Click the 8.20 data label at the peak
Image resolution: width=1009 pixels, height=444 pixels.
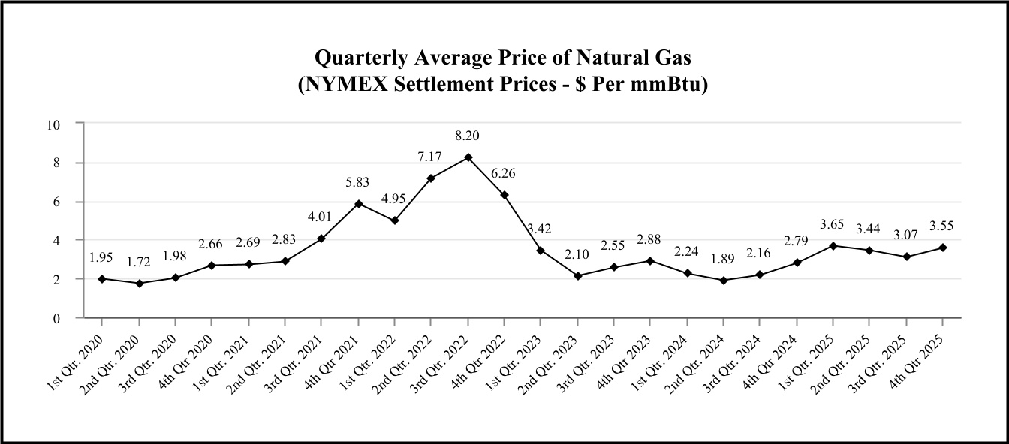467,136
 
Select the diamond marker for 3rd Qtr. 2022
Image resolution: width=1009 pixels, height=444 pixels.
468,157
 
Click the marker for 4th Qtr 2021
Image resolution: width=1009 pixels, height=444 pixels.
358,203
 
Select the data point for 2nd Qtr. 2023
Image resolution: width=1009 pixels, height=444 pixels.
577,276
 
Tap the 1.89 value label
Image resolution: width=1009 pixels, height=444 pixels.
723,259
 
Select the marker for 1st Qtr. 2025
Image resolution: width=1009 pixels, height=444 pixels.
833,245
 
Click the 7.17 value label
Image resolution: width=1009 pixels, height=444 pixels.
431,157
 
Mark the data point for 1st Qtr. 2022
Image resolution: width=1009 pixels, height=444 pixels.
394,220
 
